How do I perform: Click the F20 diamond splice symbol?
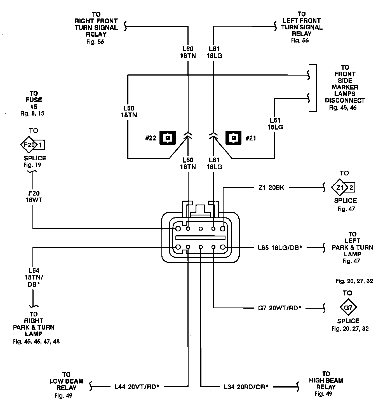tap(28, 145)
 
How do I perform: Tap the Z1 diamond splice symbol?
tap(340, 188)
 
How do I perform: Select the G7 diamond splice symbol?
tap(348, 308)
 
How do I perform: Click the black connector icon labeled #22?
tap(167, 138)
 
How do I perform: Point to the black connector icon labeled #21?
tap(233, 138)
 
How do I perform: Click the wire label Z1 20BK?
tap(271, 188)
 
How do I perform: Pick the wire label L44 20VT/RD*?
tap(137, 387)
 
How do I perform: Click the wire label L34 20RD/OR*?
tap(246, 387)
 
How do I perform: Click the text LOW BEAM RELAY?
tap(66, 381)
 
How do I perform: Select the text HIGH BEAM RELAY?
tap(326, 381)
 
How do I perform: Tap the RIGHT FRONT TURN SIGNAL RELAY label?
tap(96, 24)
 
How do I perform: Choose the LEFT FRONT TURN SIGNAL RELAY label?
tap(302, 24)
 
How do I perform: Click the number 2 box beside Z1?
tap(351, 188)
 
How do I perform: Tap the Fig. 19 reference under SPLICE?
tap(32, 165)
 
